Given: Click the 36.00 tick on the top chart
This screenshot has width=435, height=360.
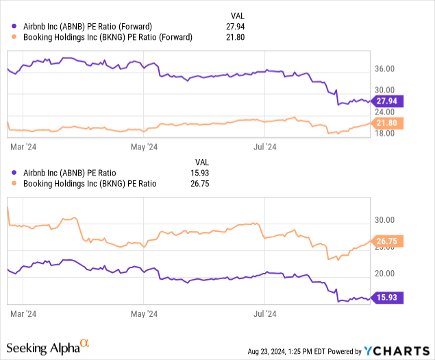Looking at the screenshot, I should [x=386, y=69].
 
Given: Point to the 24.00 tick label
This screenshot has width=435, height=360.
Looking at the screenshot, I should [x=386, y=111].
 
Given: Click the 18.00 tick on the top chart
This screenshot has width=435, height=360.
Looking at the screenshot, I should [x=386, y=133].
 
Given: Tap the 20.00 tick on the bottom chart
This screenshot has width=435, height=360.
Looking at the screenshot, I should [x=386, y=274].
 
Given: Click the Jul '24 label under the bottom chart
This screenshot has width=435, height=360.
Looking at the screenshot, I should [x=265, y=314].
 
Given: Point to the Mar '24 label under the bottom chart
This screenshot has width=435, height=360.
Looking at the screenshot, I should [x=23, y=314].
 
